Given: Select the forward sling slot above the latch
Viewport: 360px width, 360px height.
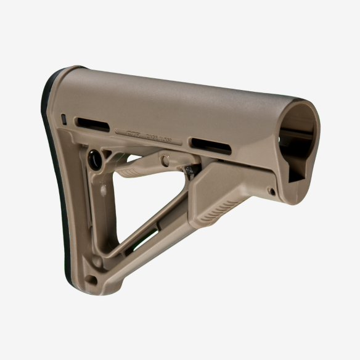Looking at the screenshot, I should click(210, 146).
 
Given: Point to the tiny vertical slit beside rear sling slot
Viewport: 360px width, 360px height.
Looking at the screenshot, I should click(65, 117).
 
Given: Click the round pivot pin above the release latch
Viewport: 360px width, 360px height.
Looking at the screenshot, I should click(165, 160).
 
